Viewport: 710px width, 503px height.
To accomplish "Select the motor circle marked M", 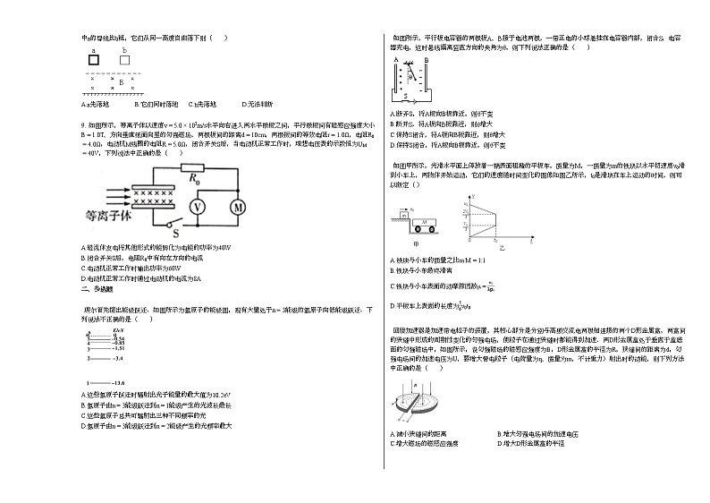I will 239,208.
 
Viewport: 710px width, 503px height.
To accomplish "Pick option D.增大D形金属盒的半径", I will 532,443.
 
